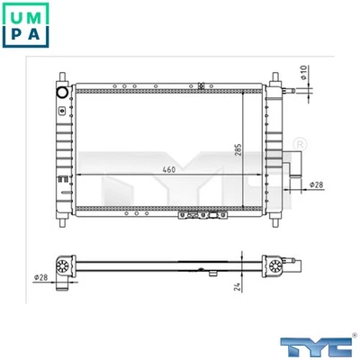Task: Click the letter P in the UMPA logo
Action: click(14, 37)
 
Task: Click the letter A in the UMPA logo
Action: click(38, 37)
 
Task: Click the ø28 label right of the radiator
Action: click(316, 185)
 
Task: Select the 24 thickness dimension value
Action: click(238, 288)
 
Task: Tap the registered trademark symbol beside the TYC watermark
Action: click(300, 143)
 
